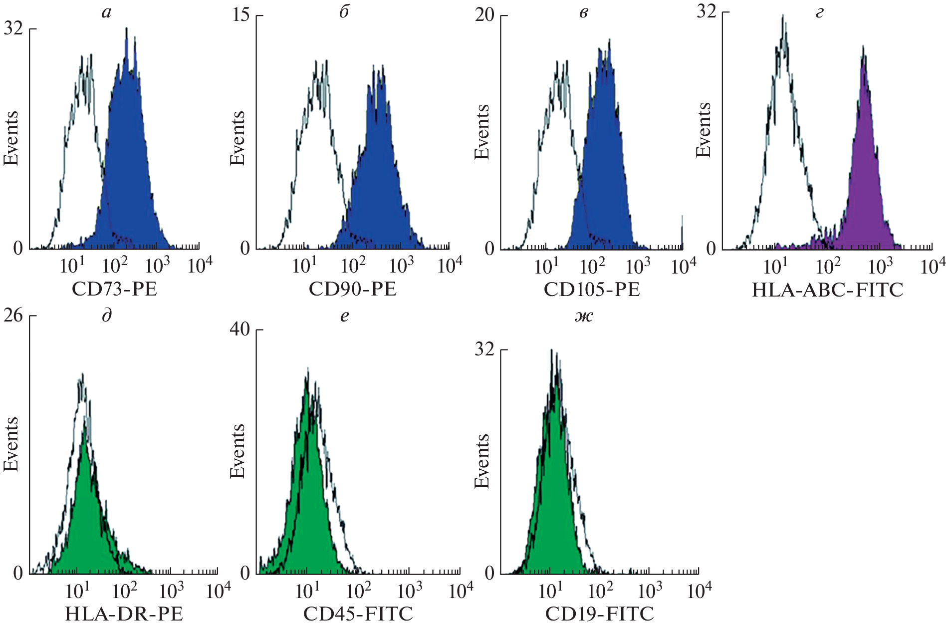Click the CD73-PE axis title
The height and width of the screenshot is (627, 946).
tap(114, 289)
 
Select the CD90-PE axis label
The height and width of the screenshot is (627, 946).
tap(352, 289)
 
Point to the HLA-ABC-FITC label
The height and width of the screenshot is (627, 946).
tap(827, 290)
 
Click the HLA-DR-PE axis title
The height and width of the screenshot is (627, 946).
tap(124, 614)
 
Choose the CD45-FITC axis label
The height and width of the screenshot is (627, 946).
tap(358, 614)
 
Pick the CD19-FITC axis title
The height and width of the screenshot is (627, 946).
tap(599, 614)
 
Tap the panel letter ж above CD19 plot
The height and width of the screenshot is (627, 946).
tap(584, 316)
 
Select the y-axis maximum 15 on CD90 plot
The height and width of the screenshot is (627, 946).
tap(241, 15)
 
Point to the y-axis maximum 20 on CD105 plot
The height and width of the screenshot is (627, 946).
tap(484, 15)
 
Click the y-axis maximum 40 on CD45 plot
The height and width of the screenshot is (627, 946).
tap(239, 329)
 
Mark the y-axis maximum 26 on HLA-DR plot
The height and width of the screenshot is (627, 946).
tap(13, 315)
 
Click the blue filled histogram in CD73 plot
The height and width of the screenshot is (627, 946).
tap(127, 165)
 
